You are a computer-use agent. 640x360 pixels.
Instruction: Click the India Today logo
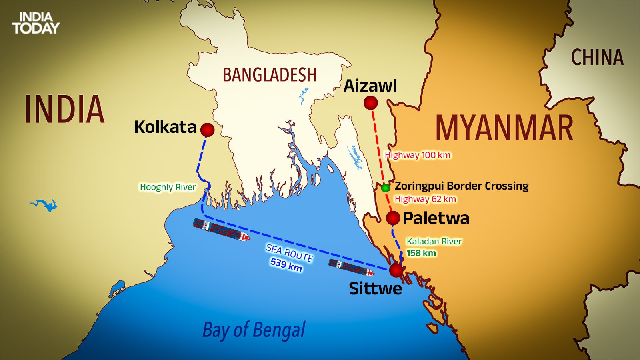point(36,23)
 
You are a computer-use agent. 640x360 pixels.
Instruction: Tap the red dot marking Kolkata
point(207,130)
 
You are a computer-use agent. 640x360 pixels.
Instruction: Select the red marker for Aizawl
point(371,103)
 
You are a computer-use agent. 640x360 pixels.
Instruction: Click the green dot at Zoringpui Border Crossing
point(385,188)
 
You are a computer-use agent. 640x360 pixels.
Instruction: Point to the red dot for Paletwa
point(393,218)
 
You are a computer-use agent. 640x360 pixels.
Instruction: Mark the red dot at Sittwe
point(396,270)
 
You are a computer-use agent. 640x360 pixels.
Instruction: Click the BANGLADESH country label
point(269,75)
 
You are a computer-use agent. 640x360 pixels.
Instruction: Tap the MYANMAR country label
point(504,128)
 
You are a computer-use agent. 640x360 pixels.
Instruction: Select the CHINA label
point(597,58)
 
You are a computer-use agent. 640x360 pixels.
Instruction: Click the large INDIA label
point(64,109)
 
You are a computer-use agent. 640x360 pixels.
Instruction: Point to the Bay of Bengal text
point(254,330)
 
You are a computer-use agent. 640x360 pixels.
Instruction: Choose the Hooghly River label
point(168,187)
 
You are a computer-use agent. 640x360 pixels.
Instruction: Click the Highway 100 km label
point(417,155)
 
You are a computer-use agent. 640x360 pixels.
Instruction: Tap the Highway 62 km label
point(425,199)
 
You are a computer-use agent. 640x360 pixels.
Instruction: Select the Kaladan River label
point(434,242)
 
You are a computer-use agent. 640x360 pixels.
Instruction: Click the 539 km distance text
point(286,264)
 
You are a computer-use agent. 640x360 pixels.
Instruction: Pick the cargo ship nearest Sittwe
point(351,267)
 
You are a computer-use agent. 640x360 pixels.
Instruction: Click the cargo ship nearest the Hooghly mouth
point(221,230)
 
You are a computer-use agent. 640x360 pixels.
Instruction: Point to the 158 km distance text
point(421,253)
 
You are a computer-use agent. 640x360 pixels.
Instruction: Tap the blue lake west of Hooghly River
point(45,205)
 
